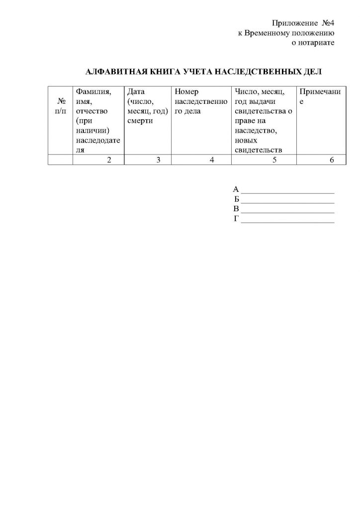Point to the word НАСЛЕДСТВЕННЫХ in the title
[261, 72]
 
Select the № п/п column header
[60, 106]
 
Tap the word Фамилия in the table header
[92, 92]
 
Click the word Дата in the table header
[135, 92]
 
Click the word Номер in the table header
[186, 92]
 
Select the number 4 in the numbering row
[211, 160]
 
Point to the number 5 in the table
[274, 160]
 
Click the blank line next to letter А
[287, 191]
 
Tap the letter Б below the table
[237, 199]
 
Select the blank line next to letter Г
[287, 221]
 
